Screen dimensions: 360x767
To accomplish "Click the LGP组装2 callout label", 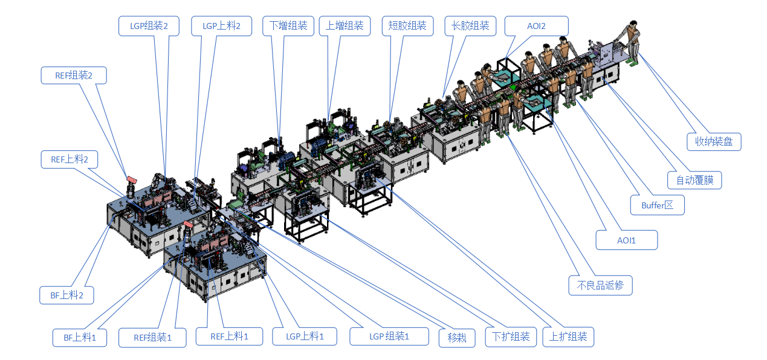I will point(148,26).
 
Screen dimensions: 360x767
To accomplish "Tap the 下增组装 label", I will point(288,26).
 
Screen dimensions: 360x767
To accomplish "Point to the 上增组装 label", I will point(345,26).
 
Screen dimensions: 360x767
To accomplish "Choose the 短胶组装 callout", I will point(408,26).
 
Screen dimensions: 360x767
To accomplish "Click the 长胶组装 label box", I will point(470,26).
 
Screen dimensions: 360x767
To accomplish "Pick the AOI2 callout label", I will point(537,26).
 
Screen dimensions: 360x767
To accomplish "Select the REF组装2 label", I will point(74,76).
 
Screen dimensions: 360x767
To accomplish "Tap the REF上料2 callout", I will point(70,159).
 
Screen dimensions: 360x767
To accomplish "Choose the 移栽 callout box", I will point(458,337).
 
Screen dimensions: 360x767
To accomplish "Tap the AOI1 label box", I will point(626,240).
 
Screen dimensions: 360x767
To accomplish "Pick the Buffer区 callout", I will point(657,205).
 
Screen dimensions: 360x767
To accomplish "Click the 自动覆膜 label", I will point(694,179).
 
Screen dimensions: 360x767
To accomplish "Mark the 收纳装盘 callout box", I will point(714,141).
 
